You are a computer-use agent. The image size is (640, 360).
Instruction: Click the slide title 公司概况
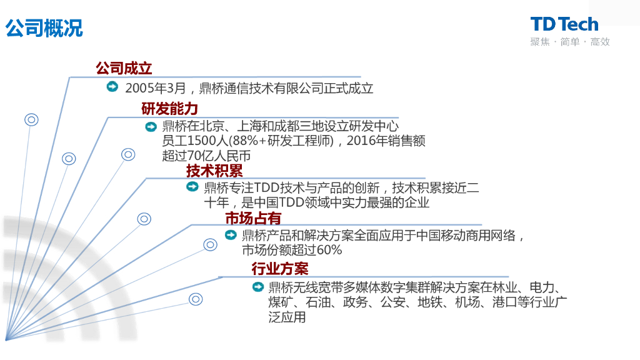44,28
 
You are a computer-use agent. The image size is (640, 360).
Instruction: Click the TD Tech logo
564,24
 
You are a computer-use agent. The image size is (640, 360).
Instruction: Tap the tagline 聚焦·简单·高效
569,42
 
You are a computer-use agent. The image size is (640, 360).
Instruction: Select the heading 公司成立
124,68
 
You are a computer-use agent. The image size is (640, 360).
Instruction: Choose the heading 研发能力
169,109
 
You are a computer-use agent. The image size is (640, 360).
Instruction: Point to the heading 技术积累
214,170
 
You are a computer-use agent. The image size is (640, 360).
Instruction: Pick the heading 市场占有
253,218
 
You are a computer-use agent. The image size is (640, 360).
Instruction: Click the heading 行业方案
280,269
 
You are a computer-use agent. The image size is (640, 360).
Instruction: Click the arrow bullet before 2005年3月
112,87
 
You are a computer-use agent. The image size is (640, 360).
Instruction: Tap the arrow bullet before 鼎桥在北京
151,127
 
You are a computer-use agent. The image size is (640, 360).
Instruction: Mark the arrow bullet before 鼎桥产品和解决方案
231,235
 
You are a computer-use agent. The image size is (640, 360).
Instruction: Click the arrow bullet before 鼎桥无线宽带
257,287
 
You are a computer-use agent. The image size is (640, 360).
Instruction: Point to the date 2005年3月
152,88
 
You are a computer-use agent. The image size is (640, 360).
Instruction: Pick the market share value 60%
329,250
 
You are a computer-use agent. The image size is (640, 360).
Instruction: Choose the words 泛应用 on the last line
287,317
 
